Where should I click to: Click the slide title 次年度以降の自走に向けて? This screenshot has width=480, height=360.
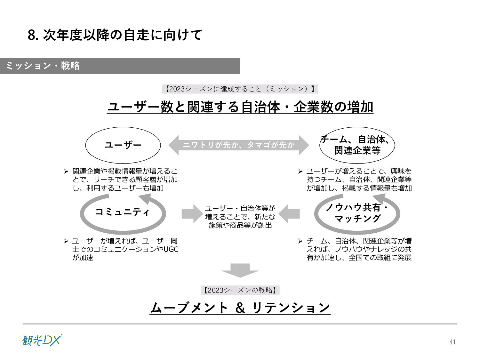pos(115,35)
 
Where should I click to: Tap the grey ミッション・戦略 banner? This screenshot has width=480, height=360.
pos(120,66)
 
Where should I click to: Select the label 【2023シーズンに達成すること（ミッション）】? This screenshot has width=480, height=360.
pos(240,89)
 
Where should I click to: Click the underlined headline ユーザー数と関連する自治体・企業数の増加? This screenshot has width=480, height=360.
pos(240,107)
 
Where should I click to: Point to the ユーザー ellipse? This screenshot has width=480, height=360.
pos(123,145)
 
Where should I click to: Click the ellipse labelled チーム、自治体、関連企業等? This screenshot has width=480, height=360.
pos(357,145)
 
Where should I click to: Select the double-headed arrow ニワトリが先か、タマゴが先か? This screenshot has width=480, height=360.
pos(239,145)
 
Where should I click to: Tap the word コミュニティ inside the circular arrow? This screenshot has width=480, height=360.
pos(123,212)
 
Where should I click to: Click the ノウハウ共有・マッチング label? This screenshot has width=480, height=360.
pos(357,213)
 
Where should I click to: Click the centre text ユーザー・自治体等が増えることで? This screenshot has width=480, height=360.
pos(240,217)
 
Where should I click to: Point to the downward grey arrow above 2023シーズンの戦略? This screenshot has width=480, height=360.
pos(240,270)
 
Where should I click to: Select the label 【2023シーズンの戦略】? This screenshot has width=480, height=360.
pos(240,290)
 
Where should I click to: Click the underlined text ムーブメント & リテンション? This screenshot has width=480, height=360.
pos(240,308)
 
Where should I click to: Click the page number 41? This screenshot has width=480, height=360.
pos(452,342)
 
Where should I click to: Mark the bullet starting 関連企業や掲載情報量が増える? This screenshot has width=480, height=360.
pos(125,180)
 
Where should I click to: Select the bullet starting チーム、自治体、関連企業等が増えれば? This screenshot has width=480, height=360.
pos(359,249)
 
